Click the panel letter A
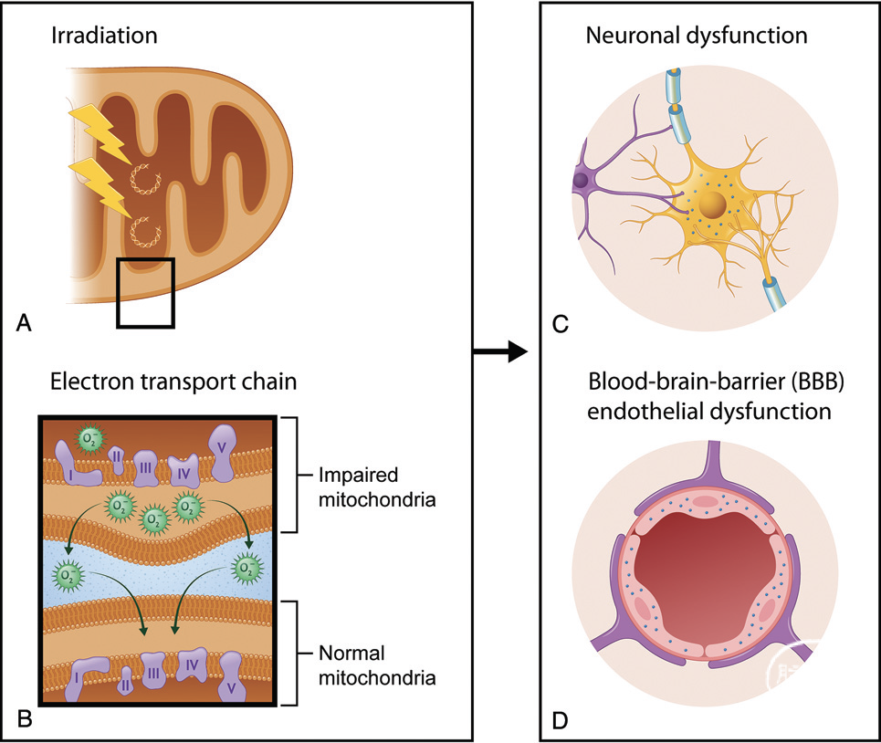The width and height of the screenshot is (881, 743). tap(24, 323)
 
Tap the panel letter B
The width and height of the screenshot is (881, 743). tap(25, 719)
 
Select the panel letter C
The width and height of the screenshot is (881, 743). tap(561, 324)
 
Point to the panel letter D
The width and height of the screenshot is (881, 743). tap(561, 720)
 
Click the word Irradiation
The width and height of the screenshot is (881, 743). tap(104, 36)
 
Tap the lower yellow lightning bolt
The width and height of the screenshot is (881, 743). tap(100, 187)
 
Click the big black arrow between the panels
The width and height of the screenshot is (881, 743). tap(500, 351)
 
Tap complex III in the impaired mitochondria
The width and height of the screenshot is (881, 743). tap(145, 467)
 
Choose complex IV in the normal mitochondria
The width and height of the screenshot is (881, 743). tap(192, 665)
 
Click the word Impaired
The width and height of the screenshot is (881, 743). tap(359, 476)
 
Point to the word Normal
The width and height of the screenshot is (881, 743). tap(351, 654)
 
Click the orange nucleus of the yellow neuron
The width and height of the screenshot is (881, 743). tap(712, 204)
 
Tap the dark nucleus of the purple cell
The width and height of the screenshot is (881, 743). tap(580, 181)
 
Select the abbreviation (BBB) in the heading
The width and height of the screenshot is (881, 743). tap(817, 382)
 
